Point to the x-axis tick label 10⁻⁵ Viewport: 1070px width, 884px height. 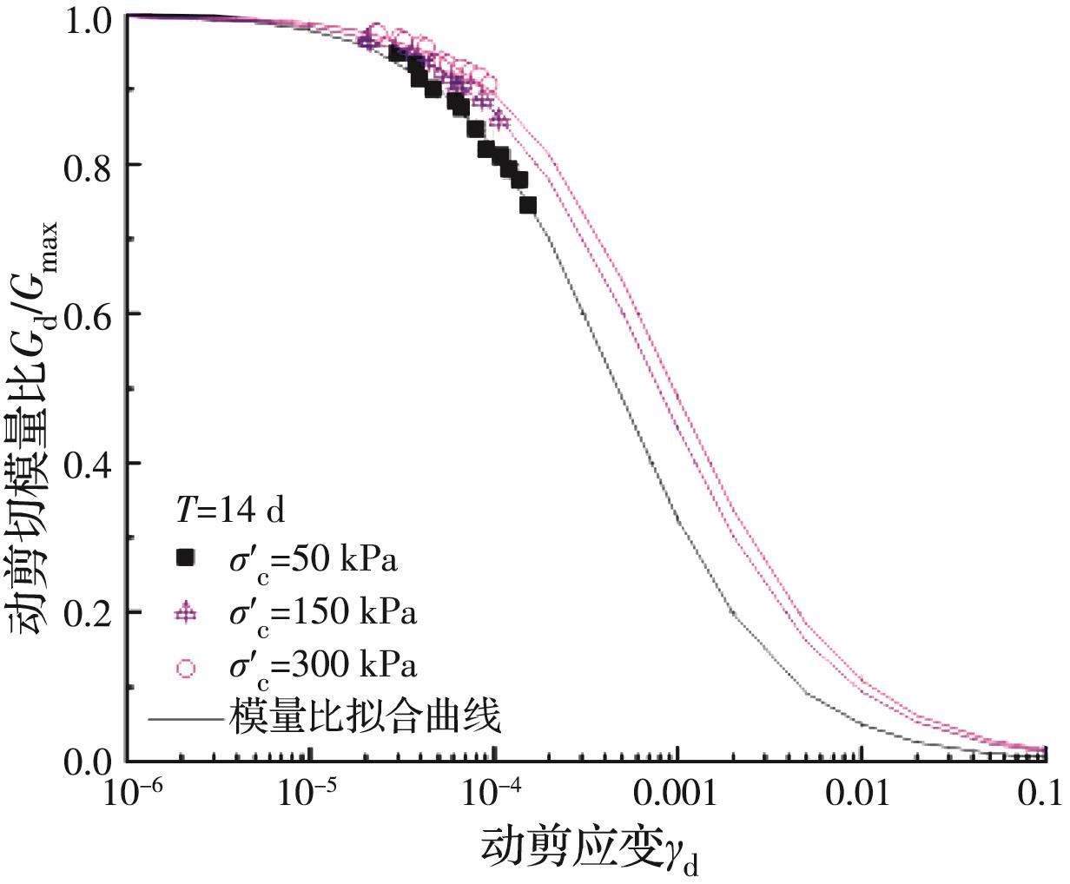[310, 792]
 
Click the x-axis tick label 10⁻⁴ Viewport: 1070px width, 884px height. [493, 792]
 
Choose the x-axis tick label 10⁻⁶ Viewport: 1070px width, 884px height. [127, 792]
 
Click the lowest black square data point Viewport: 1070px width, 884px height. [527, 206]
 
